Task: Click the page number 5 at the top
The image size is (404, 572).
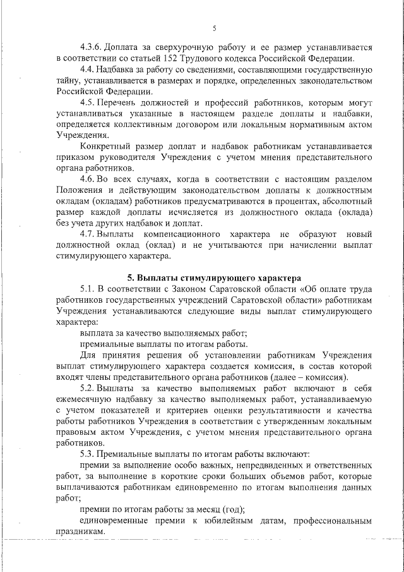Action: coord(214,28)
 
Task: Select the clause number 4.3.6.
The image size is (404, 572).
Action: coord(93,47)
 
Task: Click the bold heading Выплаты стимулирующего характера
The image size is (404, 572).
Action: coord(214,277)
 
